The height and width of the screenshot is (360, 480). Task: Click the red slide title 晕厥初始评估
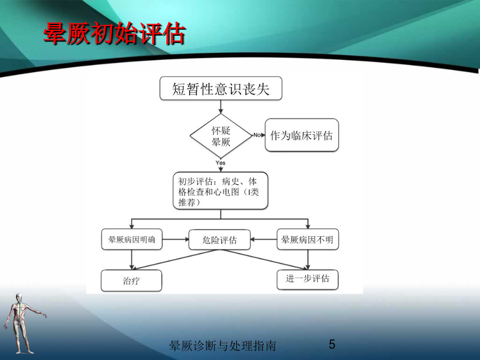click(x=115, y=34)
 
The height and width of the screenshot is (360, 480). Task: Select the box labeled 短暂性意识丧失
click(x=221, y=89)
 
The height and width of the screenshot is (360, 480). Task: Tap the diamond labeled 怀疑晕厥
click(x=221, y=135)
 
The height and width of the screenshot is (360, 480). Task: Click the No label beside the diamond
click(x=257, y=135)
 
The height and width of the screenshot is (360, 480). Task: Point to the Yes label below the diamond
click(x=220, y=163)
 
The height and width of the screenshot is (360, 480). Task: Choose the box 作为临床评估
click(x=301, y=135)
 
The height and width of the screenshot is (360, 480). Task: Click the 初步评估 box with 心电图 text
click(x=220, y=191)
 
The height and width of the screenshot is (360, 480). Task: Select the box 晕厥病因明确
click(x=132, y=239)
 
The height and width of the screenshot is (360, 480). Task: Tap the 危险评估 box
click(x=220, y=239)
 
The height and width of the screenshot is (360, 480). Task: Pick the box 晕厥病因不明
click(x=308, y=239)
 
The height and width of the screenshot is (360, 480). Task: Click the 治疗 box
click(x=131, y=281)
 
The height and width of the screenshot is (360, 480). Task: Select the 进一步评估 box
click(x=308, y=279)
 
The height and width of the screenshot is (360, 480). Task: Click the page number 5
click(x=332, y=345)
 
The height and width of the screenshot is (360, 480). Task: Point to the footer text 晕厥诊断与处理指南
click(x=222, y=346)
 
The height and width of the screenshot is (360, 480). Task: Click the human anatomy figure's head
click(x=19, y=298)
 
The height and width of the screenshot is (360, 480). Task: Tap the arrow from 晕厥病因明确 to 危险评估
click(x=175, y=239)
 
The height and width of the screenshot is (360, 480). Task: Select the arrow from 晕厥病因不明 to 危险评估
click(x=263, y=239)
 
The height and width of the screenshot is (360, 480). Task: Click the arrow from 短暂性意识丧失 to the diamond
click(x=221, y=107)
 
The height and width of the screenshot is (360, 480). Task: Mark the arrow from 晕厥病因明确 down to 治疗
click(x=132, y=260)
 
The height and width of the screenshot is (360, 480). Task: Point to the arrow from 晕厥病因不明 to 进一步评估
click(x=308, y=260)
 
